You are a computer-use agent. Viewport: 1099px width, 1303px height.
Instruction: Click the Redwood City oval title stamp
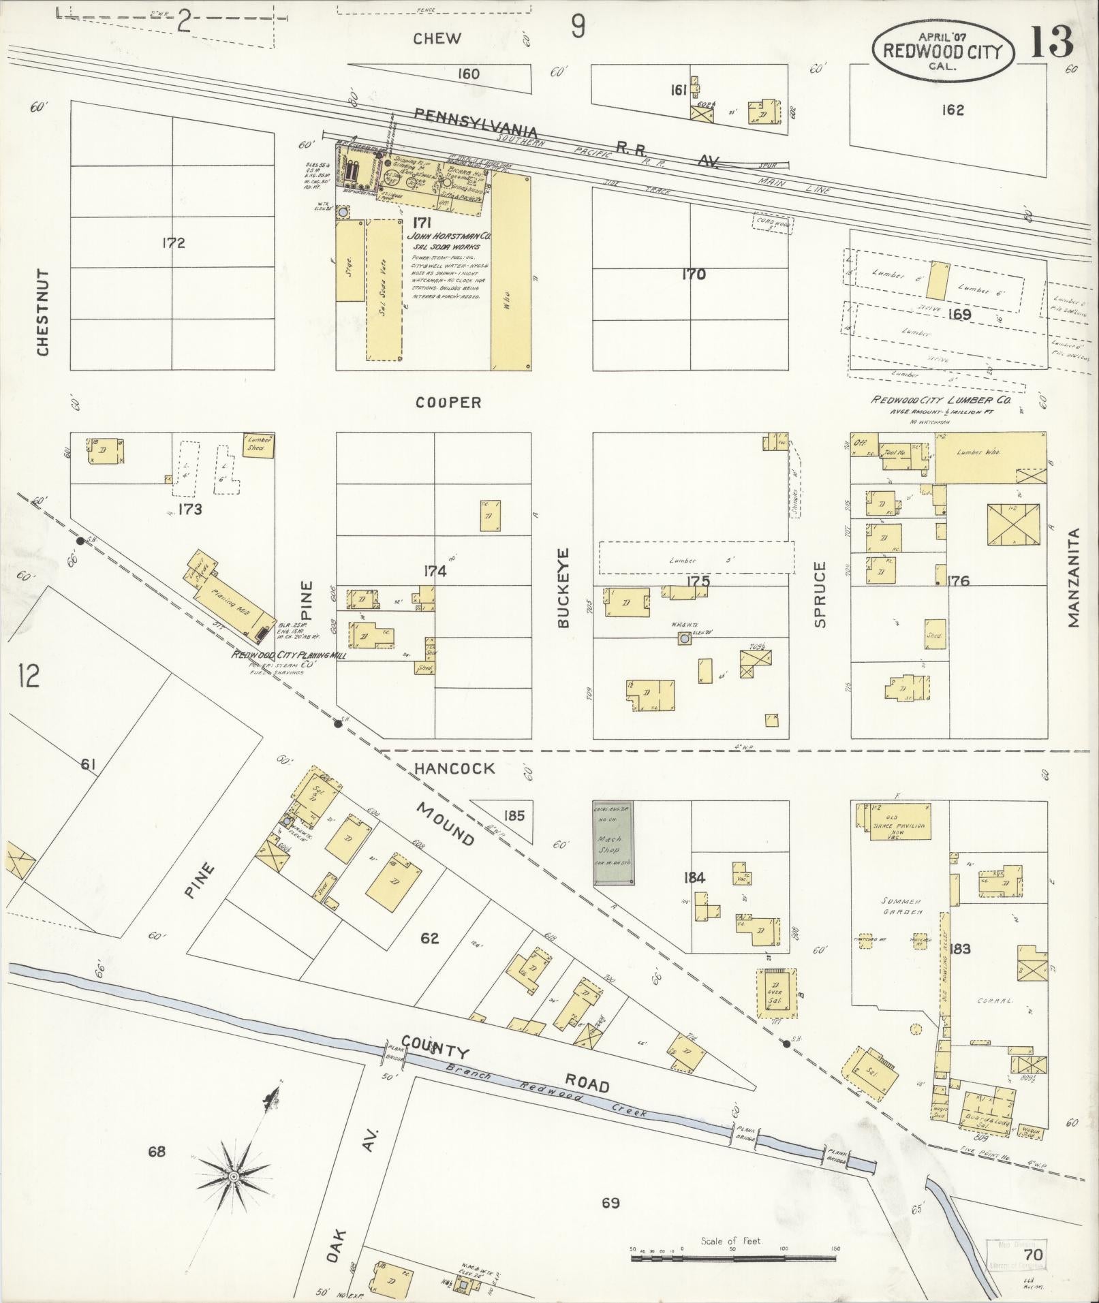(x=943, y=49)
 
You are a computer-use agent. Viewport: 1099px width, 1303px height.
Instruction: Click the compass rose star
(x=234, y=1176)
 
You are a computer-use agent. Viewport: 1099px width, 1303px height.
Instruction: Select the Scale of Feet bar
(x=734, y=1253)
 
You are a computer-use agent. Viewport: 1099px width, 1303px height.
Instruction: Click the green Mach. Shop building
(x=613, y=843)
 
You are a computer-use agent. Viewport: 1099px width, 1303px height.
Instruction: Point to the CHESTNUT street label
(x=43, y=312)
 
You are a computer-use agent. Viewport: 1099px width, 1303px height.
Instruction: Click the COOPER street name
(x=448, y=403)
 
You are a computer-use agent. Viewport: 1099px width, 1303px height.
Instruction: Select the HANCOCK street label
(x=454, y=768)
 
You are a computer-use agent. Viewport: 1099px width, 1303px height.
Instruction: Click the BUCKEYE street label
(x=563, y=587)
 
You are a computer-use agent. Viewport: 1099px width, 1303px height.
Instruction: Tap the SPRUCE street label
(x=820, y=594)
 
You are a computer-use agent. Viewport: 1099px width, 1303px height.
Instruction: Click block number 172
(x=174, y=243)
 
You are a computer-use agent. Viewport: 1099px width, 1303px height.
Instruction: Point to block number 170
(x=694, y=274)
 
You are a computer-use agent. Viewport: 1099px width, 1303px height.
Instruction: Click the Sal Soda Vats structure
(x=383, y=289)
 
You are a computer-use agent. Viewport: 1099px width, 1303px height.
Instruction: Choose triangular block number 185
(x=514, y=815)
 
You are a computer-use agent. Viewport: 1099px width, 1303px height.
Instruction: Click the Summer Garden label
(x=903, y=906)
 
